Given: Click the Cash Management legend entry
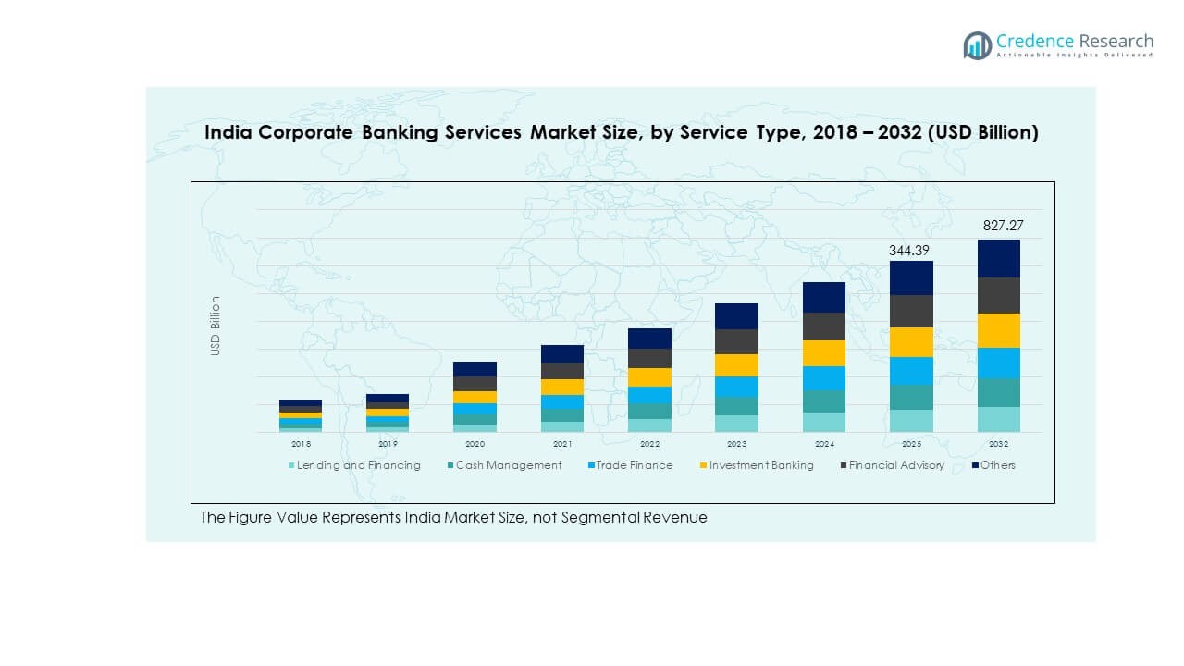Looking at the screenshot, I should pos(508,465).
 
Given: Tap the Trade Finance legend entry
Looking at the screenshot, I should pos(634,465).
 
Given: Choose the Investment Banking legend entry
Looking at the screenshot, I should pos(761,465).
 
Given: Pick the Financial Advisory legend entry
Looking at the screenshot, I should pos(896,465).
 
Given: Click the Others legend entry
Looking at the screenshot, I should pos(997,465).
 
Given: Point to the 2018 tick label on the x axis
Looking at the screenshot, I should pos(301,444).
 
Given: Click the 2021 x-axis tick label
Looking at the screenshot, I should pos(562,444).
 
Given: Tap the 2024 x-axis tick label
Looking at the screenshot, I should pos(824,444).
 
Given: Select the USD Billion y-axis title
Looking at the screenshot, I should pos(216,326).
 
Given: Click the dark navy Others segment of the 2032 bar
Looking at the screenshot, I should pos(999,258).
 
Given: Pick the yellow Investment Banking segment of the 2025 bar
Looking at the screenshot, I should pos(911,342).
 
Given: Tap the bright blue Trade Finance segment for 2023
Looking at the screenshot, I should pos(736,387).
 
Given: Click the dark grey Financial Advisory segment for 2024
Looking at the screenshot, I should pos(824,327).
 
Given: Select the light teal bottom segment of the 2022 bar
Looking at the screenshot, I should pos(649,425).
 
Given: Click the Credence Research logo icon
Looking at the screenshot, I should pos(977,45).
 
